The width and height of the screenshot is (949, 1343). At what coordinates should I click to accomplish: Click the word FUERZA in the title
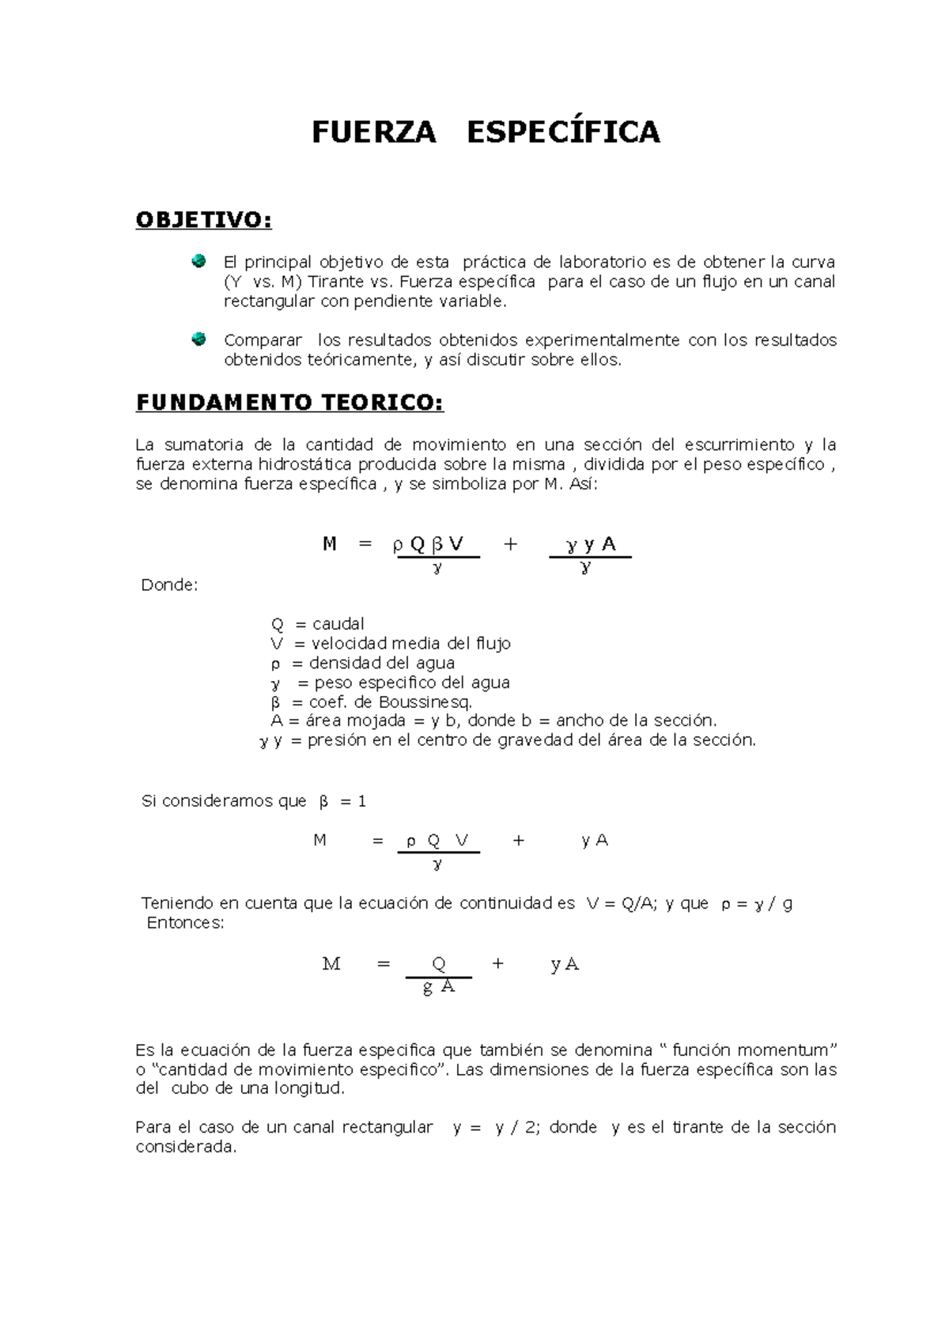pos(373,132)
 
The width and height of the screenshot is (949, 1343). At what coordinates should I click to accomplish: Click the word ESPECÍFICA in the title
pos(563,132)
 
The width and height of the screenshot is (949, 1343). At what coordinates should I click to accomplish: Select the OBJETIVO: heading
pos(203,220)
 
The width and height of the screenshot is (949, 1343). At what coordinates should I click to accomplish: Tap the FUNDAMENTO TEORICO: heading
pos(289,403)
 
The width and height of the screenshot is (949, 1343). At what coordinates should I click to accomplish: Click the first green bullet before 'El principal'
pos(198,260)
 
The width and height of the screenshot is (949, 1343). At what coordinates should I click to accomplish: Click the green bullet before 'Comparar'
pos(198,339)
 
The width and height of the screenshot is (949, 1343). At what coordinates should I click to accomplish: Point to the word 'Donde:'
pos(169,585)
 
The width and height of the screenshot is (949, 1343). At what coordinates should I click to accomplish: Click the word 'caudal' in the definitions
pos(338,624)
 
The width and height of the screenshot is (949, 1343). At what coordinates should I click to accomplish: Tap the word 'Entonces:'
pos(186,923)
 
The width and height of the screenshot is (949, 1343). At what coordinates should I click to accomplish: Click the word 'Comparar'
pos(263,340)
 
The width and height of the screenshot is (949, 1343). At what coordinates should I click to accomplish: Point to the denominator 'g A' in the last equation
pos(439,987)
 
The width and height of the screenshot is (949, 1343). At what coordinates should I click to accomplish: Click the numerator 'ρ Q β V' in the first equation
pos(428,544)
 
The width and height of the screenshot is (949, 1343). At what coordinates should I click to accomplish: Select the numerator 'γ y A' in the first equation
pos(591,544)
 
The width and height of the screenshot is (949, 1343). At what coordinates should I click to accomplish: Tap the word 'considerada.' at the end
pos(186,1147)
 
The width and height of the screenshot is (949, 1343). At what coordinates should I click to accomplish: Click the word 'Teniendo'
pos(177,903)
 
